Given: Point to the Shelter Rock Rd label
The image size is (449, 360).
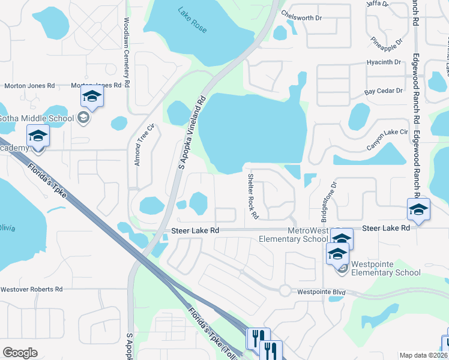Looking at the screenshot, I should (253, 196).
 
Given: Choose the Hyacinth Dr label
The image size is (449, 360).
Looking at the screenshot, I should (384, 62).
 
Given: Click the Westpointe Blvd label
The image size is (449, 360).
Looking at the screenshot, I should (322, 292).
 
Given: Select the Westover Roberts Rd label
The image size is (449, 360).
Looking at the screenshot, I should (31, 289).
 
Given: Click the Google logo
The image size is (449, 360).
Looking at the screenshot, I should (20, 353).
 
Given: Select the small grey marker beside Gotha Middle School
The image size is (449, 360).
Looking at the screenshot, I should (85, 118).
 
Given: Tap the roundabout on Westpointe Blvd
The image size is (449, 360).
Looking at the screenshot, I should (286, 290).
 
